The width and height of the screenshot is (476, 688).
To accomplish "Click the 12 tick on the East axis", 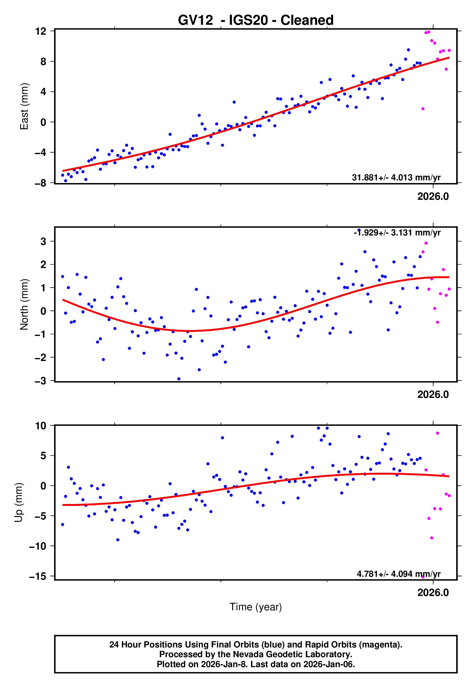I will point(41,31).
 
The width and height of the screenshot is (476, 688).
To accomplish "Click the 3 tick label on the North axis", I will point(43,241).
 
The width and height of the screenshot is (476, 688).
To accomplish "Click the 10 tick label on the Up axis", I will point(41,426).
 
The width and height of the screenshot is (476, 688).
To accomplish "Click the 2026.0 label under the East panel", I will point(433,197).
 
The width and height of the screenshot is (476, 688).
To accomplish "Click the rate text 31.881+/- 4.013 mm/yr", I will point(396,177).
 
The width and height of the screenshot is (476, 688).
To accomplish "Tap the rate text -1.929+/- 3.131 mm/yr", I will point(397,233).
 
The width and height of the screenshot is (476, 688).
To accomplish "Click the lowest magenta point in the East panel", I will point(423,109).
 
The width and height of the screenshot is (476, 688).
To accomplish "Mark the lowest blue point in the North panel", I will point(179,379).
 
